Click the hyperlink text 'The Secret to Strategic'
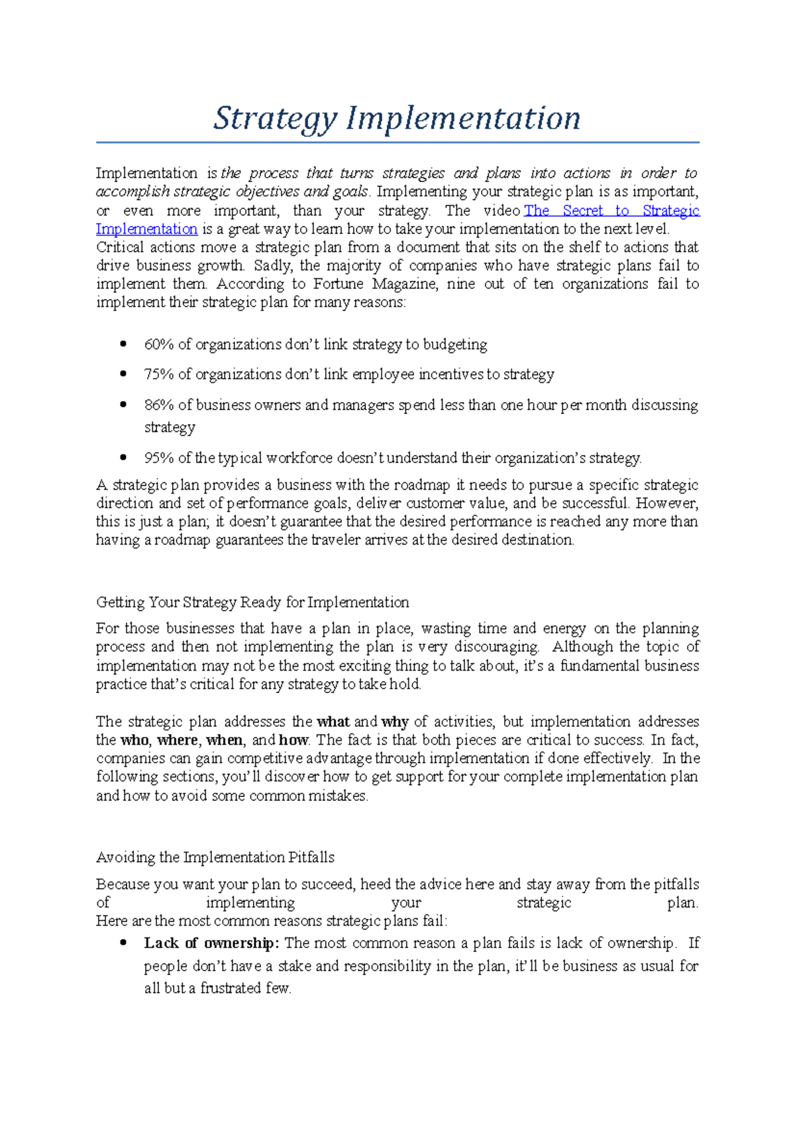(611, 211)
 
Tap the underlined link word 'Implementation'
(146, 229)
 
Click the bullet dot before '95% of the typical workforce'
(123, 457)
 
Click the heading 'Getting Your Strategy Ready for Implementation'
(252, 602)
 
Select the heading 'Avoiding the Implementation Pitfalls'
(215, 857)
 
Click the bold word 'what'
(333, 722)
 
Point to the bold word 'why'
(395, 722)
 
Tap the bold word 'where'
(178, 740)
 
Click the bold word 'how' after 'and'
(293, 740)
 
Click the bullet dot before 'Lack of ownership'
(123, 943)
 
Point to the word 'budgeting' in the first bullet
(454, 345)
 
